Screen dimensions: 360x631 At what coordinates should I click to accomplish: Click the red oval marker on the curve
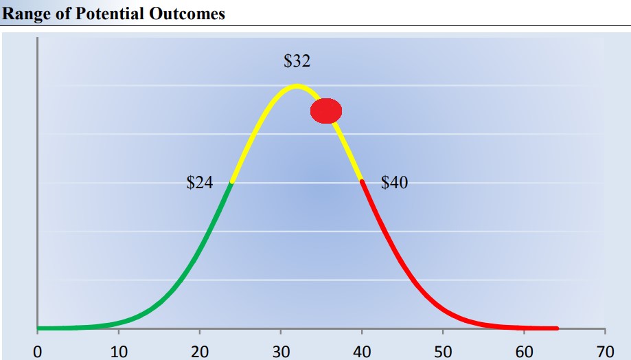click(326, 111)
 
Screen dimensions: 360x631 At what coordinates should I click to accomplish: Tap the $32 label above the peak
click(297, 61)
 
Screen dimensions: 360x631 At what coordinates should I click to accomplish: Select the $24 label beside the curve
click(200, 183)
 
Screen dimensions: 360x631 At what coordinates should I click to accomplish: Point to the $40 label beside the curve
click(394, 183)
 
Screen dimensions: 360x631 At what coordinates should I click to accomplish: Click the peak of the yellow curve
click(297, 86)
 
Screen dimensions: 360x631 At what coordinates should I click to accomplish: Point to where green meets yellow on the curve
click(232, 183)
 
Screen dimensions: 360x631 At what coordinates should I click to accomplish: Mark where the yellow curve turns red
click(361, 181)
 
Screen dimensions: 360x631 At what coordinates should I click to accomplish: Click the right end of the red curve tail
click(556, 328)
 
